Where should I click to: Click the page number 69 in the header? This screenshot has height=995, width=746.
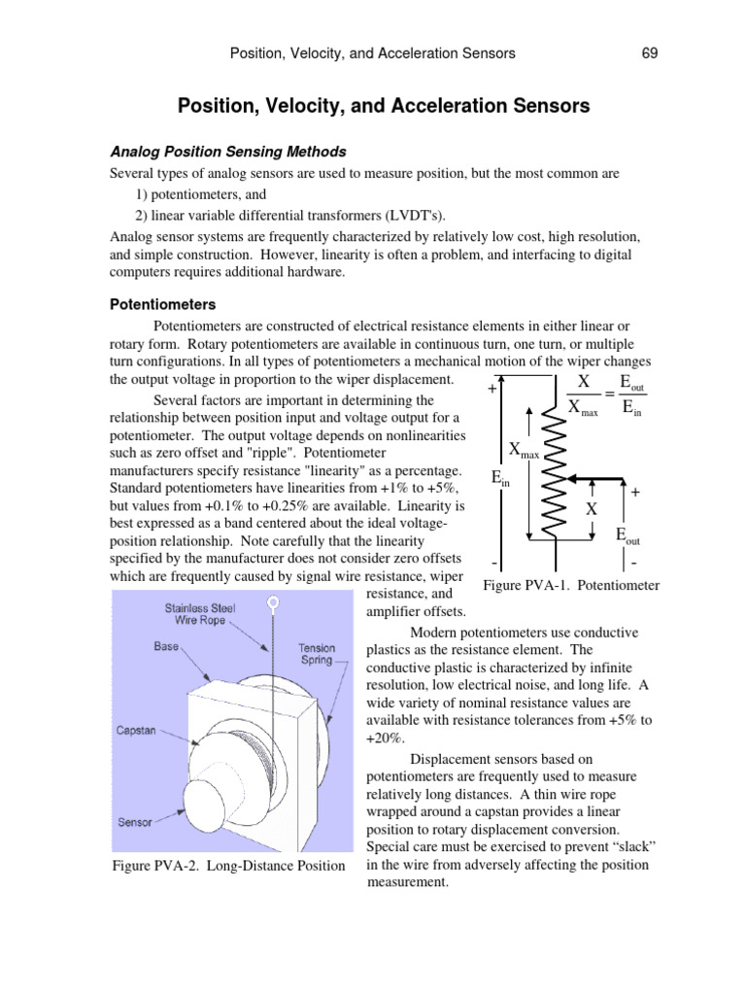pyautogui.click(x=650, y=53)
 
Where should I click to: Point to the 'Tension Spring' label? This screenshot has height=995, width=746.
pyautogui.click(x=318, y=653)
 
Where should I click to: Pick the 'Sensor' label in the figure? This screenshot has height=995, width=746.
pyautogui.click(x=135, y=821)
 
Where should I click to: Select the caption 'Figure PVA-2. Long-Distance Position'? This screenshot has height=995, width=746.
pyautogui.click(x=229, y=865)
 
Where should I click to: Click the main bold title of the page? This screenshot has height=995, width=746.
pyautogui.click(x=383, y=106)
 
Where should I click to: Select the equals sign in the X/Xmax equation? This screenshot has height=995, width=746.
pyautogui.click(x=609, y=394)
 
